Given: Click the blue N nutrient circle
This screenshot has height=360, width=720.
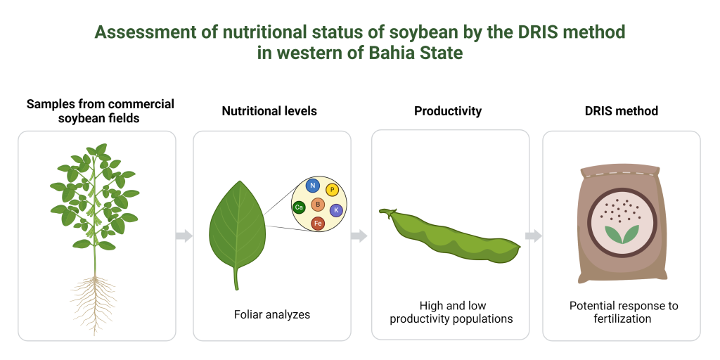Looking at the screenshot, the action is click(313, 186).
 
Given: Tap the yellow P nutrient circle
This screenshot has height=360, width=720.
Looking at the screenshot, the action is click(332, 190).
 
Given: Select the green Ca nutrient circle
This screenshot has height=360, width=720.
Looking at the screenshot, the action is click(299, 207).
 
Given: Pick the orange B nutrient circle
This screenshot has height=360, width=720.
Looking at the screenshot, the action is click(318, 205).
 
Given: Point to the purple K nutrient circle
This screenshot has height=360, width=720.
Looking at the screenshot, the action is click(336, 210).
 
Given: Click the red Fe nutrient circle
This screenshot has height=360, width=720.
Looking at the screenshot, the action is click(318, 224).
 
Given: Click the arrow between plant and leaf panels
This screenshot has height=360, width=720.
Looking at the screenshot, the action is click(184, 236).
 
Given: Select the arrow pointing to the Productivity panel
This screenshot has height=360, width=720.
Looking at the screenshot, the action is click(359, 236).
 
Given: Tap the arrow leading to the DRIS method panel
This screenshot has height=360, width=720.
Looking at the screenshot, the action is click(534, 236).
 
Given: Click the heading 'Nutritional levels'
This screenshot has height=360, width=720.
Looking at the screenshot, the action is click(269, 111).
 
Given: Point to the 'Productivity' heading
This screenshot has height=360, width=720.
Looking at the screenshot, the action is click(448, 111).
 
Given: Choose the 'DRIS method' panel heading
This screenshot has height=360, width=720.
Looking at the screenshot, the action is click(622, 111).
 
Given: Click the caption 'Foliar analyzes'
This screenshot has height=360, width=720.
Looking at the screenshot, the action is click(272, 314).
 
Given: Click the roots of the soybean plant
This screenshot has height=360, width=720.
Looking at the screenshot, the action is click(94, 304).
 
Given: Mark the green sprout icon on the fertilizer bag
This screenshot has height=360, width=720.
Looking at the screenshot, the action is click(622, 234).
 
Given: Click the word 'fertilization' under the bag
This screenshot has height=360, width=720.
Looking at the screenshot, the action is click(622, 319).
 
